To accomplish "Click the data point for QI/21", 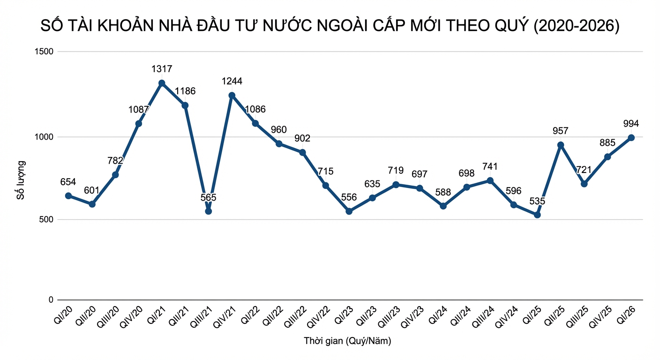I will pyautogui.click(x=162, y=83).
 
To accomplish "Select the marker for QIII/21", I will pyautogui.click(x=209, y=211).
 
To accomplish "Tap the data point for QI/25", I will pyautogui.click(x=537, y=215).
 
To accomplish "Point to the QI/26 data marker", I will pyautogui.click(x=631, y=137).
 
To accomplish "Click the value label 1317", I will pyautogui.click(x=162, y=69).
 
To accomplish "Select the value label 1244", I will pyautogui.click(x=232, y=81).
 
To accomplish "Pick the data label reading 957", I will pyautogui.click(x=561, y=131).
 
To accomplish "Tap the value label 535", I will pyautogui.click(x=537, y=201).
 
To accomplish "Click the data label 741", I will pyautogui.click(x=490, y=166).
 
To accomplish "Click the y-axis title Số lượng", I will pyautogui.click(x=21, y=180).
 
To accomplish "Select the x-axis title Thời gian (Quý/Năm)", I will pyautogui.click(x=347, y=341).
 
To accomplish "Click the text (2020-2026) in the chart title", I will pyautogui.click(x=577, y=26).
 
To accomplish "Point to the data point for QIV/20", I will pyautogui.click(x=138, y=124).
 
